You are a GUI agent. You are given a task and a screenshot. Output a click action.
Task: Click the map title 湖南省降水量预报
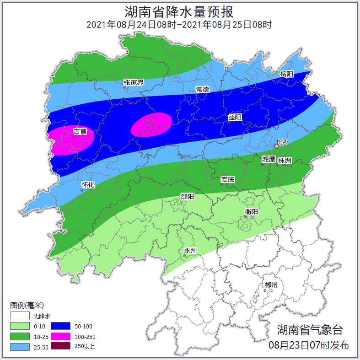click(180, 11)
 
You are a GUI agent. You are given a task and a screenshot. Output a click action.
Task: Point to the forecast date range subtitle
click(180, 25)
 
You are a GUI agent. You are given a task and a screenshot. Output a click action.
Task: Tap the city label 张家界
click(134, 82)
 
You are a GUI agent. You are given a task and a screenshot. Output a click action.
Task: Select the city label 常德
click(202, 89)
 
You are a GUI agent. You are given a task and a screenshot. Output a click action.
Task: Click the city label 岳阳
click(286, 74)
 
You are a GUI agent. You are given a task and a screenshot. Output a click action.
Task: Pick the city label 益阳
click(235, 118)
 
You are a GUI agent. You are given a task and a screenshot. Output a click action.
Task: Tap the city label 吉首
click(80, 132)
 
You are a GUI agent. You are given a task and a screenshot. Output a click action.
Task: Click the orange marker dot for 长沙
click(276, 147)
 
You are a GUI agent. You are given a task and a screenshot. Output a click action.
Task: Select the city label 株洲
click(285, 161)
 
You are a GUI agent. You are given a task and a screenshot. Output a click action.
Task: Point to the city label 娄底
click(227, 179)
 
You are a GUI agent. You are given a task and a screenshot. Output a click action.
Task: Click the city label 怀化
click(88, 185)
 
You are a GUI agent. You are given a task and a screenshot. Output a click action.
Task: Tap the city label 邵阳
click(188, 197)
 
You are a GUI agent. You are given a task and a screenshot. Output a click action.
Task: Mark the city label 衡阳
click(251, 212)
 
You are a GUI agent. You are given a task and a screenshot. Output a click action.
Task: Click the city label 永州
click(190, 251)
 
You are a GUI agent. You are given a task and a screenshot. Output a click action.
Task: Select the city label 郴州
click(271, 285)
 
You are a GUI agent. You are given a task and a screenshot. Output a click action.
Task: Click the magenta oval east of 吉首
click(151, 124)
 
